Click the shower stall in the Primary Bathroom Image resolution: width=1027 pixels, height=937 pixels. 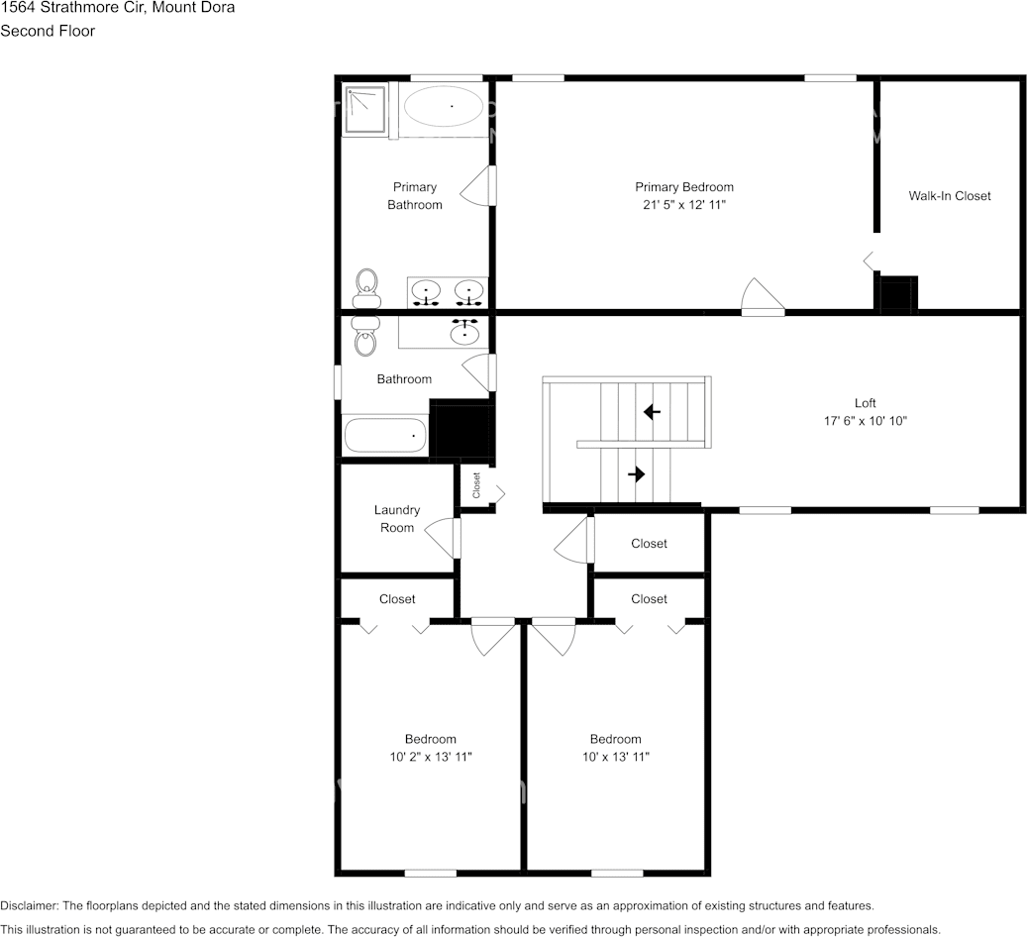[x=364, y=108]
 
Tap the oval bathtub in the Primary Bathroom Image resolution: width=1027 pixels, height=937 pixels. [x=444, y=106]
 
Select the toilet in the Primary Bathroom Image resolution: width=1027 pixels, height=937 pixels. [x=367, y=286]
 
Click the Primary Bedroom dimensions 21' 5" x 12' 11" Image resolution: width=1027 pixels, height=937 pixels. [x=683, y=205]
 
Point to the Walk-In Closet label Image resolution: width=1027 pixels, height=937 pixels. [x=949, y=196]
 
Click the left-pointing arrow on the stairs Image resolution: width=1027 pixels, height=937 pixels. [x=651, y=411]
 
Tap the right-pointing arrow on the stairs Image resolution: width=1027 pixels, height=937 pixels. [x=636, y=474]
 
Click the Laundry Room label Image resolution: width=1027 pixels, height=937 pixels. [x=396, y=519]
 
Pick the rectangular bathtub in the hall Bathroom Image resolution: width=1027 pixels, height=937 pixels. [x=384, y=435]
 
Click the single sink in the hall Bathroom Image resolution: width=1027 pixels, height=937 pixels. [x=464, y=333]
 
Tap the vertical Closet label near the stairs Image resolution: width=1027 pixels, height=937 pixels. [x=476, y=485]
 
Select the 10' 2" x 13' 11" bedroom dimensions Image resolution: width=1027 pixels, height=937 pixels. [x=430, y=757]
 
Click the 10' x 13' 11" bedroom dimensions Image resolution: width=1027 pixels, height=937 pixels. [x=615, y=757]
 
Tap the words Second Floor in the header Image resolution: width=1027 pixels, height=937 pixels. [x=48, y=31]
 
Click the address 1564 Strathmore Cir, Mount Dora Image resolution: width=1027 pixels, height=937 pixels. [x=118, y=8]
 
